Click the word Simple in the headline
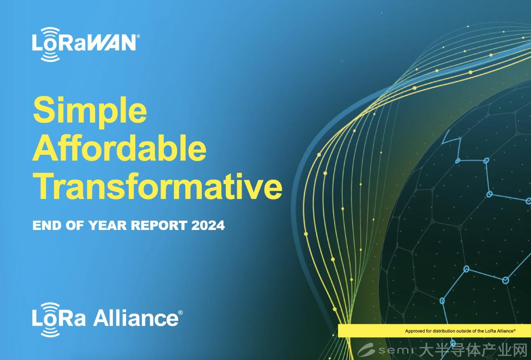pos(90,112)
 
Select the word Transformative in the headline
pos(158,186)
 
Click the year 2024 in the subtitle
pos(208,225)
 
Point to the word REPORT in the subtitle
pos(159,225)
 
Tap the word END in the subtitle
pos(47,225)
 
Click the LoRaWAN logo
pos(86,44)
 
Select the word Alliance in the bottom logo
pos(136,318)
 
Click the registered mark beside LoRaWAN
pos(139,36)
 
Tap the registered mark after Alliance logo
pos(181,312)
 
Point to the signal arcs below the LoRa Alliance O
pos(50,332)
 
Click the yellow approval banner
pos(434,331)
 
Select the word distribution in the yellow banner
pos(444,331)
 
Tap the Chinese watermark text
pos(473,350)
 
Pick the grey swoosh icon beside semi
pos(366,350)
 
